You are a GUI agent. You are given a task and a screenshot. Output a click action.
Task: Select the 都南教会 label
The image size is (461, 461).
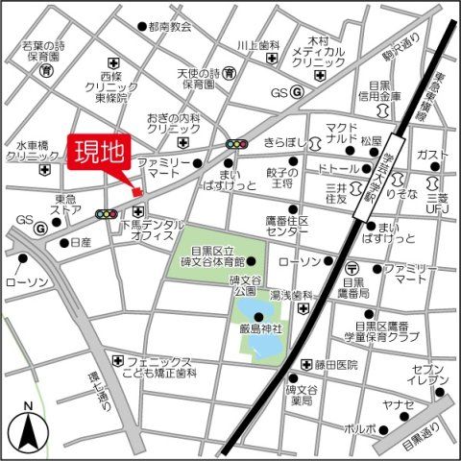click(170, 26)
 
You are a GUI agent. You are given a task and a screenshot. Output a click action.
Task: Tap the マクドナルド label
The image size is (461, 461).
click(338, 133)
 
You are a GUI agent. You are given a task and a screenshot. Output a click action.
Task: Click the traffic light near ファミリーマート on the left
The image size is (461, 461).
click(234, 144)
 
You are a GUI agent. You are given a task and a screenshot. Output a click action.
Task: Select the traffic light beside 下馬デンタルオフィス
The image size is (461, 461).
click(108, 214)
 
